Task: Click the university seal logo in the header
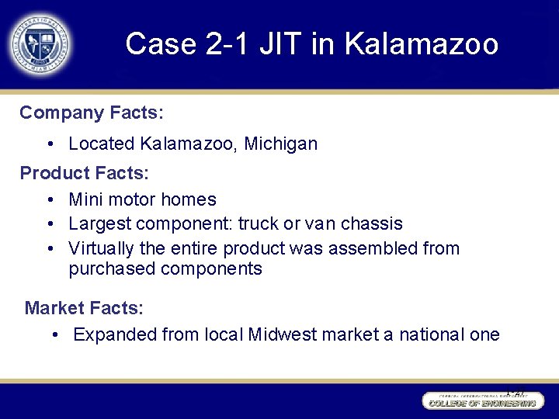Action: tap(40, 44)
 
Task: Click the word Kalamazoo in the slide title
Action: tap(421, 44)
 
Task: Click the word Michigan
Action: tap(280, 144)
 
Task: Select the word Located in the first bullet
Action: tap(102, 144)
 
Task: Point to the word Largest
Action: tap(100, 224)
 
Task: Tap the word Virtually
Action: tap(103, 249)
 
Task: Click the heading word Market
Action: tap(55, 308)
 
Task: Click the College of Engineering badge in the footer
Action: tap(481, 401)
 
